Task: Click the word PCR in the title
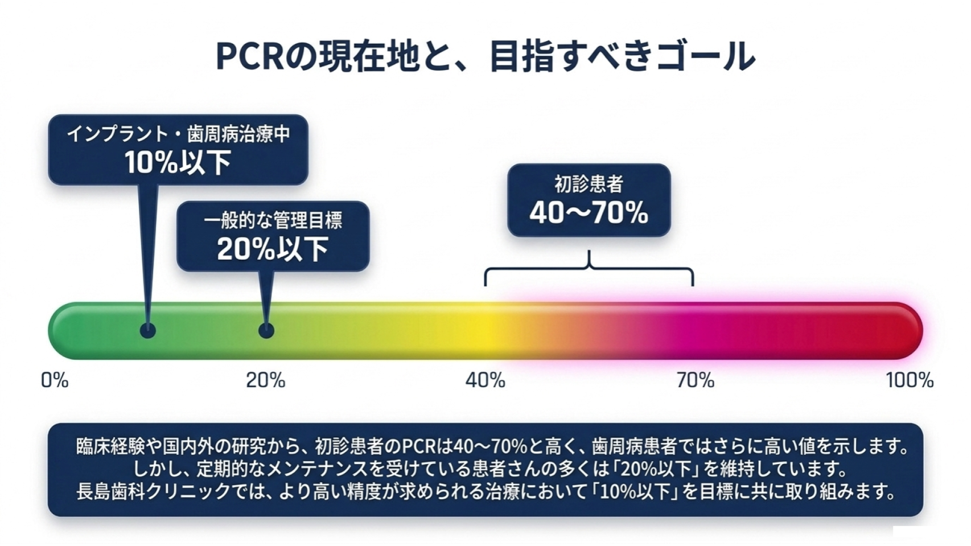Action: click(x=250, y=56)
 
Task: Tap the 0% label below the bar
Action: click(x=55, y=380)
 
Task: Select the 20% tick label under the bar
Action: click(x=266, y=380)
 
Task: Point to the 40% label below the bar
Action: click(x=485, y=380)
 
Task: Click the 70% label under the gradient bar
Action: click(x=696, y=380)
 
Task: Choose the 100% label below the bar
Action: click(x=910, y=380)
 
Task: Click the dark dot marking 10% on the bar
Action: click(x=148, y=331)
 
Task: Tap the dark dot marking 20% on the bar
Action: click(x=266, y=331)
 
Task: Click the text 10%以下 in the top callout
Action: click(x=178, y=163)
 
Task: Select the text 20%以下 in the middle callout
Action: click(x=273, y=249)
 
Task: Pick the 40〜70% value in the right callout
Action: click(x=589, y=214)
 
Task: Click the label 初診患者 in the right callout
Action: click(x=589, y=184)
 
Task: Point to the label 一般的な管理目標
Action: click(x=273, y=220)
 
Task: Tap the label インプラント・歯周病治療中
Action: click(x=178, y=134)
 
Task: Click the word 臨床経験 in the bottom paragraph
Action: click(x=112, y=446)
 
